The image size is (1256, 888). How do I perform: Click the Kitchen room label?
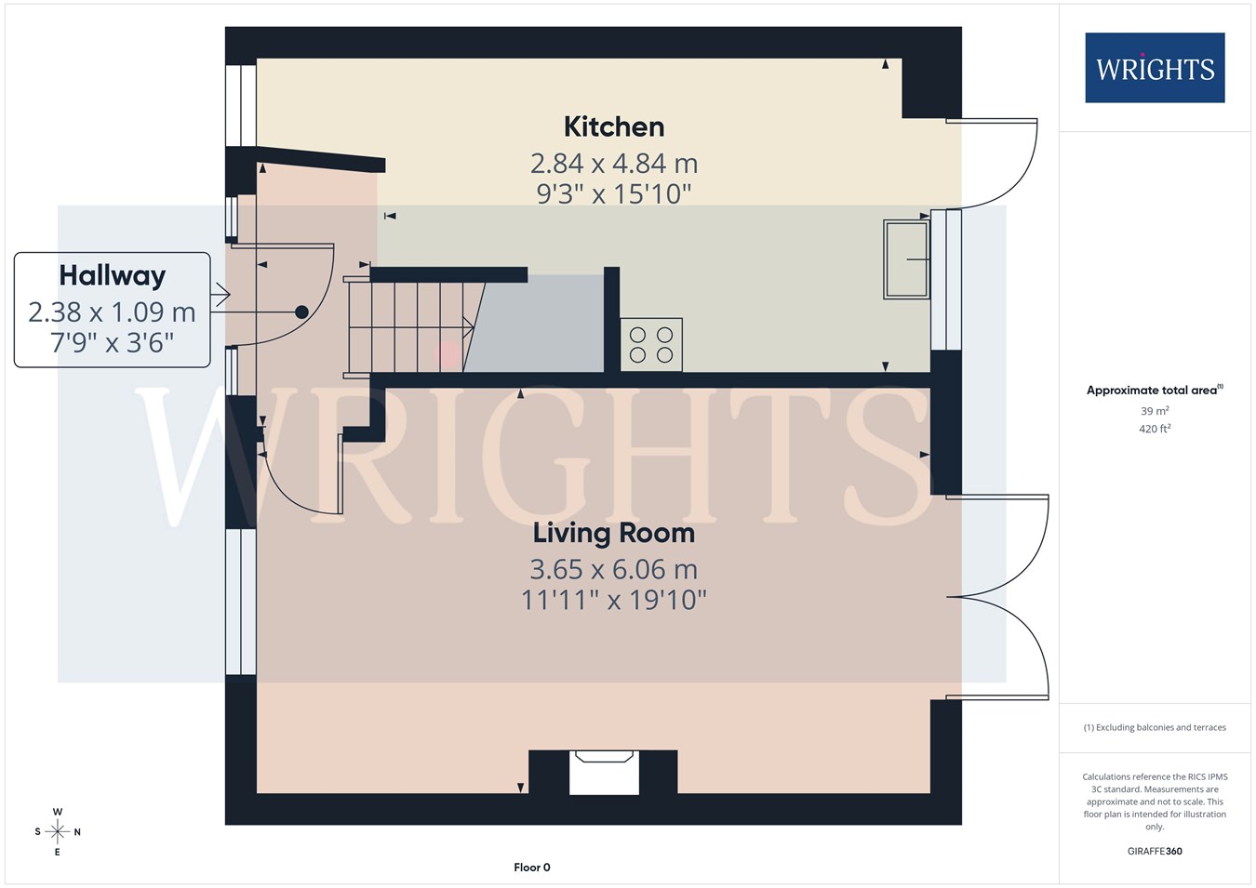coord(614,127)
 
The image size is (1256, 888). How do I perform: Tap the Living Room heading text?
coord(613,533)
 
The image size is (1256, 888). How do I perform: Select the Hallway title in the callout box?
coord(113,276)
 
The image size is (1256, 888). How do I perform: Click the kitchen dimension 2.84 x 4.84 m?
coord(614,164)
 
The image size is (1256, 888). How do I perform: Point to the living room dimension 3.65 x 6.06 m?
coord(614,570)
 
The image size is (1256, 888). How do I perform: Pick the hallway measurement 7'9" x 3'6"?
coord(113,343)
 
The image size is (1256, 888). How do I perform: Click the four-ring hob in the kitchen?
coord(651,345)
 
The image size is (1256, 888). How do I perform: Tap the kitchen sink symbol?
coord(906,258)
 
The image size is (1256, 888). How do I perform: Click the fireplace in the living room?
coord(603,772)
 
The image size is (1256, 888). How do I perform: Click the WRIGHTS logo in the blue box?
coord(1155,68)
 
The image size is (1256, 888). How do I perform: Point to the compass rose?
coord(57,832)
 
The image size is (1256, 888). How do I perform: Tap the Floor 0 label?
coord(531,868)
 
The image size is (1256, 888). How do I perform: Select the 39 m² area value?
coord(1155,411)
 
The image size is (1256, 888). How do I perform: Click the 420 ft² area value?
coord(1155,429)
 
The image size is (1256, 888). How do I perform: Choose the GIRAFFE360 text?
coord(1155,851)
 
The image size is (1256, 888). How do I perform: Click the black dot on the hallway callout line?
coord(301,312)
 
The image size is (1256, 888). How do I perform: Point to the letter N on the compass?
coord(77,832)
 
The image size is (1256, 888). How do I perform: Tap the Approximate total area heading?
coord(1155,390)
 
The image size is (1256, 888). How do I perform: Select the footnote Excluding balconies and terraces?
coord(1155,727)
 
